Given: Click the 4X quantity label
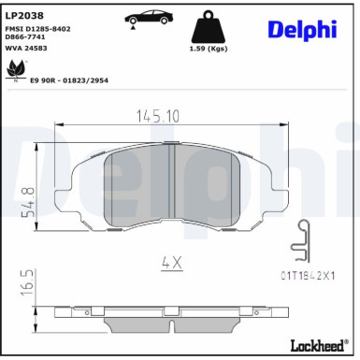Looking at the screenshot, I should click(171, 263).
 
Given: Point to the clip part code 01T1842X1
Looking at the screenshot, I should click(305, 278).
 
